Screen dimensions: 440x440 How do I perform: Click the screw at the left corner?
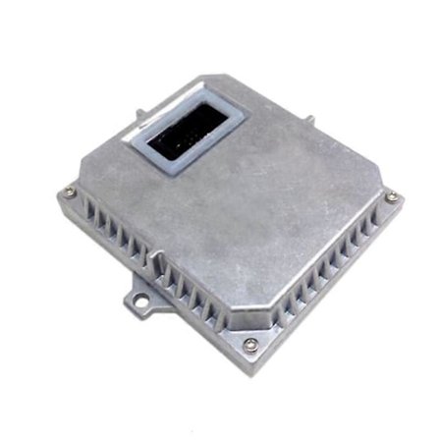(70, 192)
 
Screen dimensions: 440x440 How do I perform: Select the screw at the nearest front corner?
(250, 344)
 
